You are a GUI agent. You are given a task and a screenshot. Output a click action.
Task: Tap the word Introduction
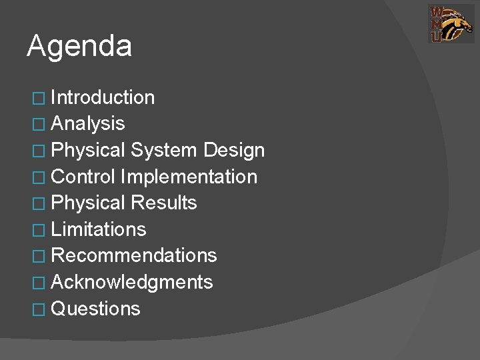click(x=103, y=98)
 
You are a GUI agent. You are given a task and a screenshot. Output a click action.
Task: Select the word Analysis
click(x=87, y=124)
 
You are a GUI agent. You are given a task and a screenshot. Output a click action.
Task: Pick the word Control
click(x=83, y=177)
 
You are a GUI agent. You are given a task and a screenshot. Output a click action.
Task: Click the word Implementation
click(x=189, y=177)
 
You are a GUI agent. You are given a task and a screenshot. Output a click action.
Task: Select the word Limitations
click(x=98, y=229)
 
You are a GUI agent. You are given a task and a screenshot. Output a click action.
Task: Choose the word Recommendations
click(x=133, y=255)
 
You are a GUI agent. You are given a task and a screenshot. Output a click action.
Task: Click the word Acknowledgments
click(x=131, y=282)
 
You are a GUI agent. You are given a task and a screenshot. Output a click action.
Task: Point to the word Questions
click(x=95, y=309)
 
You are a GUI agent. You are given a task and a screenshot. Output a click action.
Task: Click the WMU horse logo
click(x=447, y=24)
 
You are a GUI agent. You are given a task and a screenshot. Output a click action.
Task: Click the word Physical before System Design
click(x=88, y=151)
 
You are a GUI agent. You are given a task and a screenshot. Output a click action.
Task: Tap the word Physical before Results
click(x=88, y=203)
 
